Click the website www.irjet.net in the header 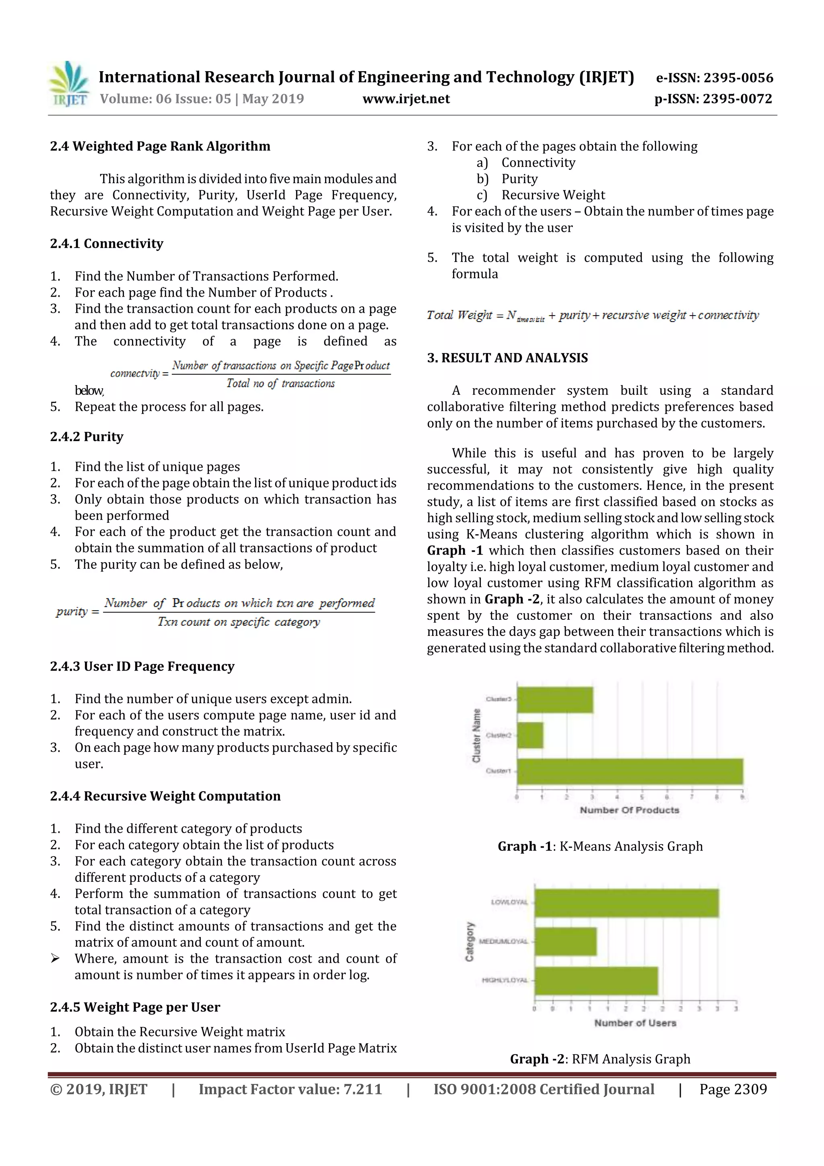tap(406, 99)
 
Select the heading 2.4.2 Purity tap(87, 437)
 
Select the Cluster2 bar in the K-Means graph tap(530, 735)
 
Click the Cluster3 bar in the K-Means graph tap(555, 700)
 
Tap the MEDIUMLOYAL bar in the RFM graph tap(565, 941)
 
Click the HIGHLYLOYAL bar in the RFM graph tap(596, 980)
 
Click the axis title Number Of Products tap(629, 810)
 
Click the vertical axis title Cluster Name tap(476, 735)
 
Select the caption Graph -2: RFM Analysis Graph tap(600, 1059)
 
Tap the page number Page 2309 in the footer tap(733, 1089)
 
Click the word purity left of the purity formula tap(72, 611)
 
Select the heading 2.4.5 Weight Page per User tap(135, 1007)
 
